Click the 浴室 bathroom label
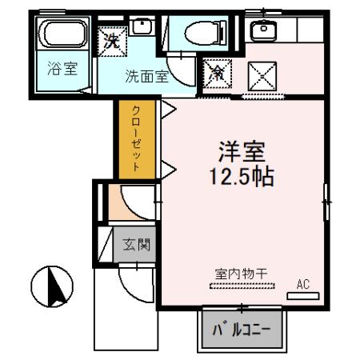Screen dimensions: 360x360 point(62,69)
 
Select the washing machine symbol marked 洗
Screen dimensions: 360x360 point(111,41)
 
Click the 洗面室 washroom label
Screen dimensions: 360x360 point(145,78)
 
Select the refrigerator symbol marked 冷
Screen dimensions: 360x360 point(216,74)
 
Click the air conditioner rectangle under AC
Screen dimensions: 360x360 point(303,295)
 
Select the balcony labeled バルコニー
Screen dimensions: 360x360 point(241,330)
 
